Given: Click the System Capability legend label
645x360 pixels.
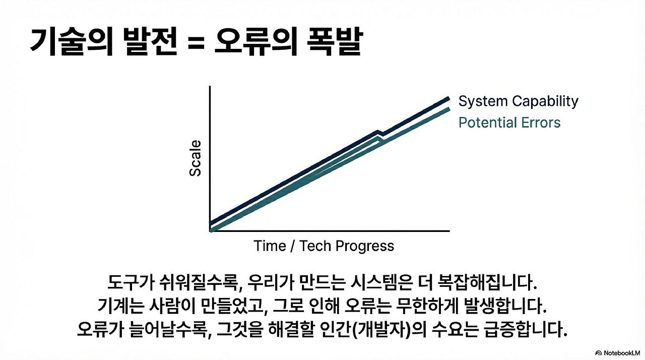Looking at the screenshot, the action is coord(519,101).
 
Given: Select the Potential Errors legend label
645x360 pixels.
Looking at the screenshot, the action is coord(509,123).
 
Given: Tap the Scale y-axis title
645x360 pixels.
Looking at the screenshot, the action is coord(195,158).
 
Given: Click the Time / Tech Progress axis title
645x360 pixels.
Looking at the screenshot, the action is coord(324,246).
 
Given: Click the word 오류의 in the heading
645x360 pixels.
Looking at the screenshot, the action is coord(255,41).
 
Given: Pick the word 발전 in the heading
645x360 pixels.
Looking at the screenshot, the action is coord(151,41).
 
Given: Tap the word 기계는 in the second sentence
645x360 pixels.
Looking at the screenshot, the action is coord(120,306).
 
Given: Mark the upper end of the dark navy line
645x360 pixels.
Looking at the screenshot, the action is coord(448,98).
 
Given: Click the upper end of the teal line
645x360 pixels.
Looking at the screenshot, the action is coord(449,109).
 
